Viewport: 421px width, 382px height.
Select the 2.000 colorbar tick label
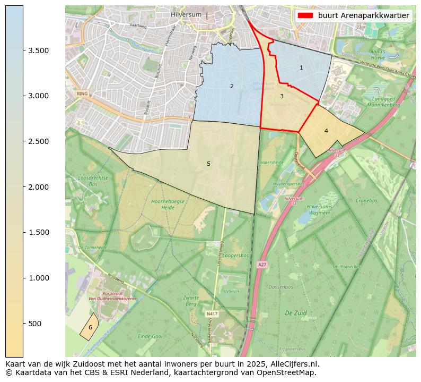38,187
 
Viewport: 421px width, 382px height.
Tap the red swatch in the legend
306,15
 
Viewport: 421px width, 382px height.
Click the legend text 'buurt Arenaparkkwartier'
363,15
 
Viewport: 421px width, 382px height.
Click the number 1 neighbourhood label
301,67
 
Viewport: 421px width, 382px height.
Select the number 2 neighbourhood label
232,86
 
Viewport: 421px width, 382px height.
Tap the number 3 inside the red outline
282,96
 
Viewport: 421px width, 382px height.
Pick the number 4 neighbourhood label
326,131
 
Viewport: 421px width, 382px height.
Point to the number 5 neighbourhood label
208,164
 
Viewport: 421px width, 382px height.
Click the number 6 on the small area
90,327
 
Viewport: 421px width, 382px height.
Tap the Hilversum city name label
187,14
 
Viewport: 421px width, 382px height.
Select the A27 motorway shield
262,264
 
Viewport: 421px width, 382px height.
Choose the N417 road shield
211,314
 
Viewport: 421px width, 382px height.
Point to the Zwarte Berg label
191,301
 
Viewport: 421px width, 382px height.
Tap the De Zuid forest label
294,313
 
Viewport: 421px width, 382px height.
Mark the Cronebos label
366,201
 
